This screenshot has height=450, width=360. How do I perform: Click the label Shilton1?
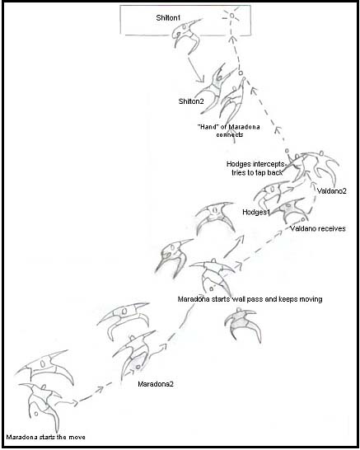click(x=168, y=18)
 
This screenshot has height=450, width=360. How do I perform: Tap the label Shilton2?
click(x=191, y=101)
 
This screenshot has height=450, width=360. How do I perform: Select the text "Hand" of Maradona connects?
click(x=229, y=130)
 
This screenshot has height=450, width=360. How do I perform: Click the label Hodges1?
click(x=256, y=212)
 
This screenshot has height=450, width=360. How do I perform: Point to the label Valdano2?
click(x=332, y=191)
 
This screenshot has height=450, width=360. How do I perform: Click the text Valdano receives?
click(x=318, y=229)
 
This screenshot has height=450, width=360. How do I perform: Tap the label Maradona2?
click(x=156, y=384)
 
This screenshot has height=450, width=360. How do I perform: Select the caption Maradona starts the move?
click(x=46, y=437)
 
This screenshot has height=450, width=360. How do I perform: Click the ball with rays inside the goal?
click(x=231, y=16)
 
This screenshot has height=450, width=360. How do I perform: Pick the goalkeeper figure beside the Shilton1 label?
click(x=186, y=36)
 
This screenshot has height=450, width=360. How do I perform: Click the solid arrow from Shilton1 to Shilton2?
click(x=196, y=70)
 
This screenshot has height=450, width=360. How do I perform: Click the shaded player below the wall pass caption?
click(x=242, y=324)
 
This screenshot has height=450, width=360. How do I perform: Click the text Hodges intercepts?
click(x=255, y=164)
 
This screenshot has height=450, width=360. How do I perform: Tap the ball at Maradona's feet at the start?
click(x=36, y=414)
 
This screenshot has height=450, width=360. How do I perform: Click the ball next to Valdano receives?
click(x=303, y=220)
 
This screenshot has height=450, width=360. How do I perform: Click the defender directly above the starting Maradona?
click(x=44, y=367)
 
